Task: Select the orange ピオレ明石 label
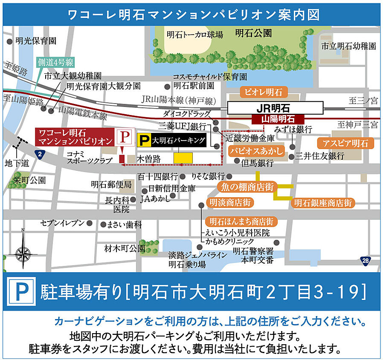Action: [x=264, y=92]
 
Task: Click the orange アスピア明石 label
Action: [x=345, y=143]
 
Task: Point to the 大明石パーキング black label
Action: [x=172, y=140]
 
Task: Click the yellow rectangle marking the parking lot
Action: [x=183, y=157]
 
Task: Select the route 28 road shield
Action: [x=365, y=260]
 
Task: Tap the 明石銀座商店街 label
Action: [x=323, y=203]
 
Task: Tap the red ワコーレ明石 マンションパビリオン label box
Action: [x=74, y=136]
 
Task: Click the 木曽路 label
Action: [x=148, y=158]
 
